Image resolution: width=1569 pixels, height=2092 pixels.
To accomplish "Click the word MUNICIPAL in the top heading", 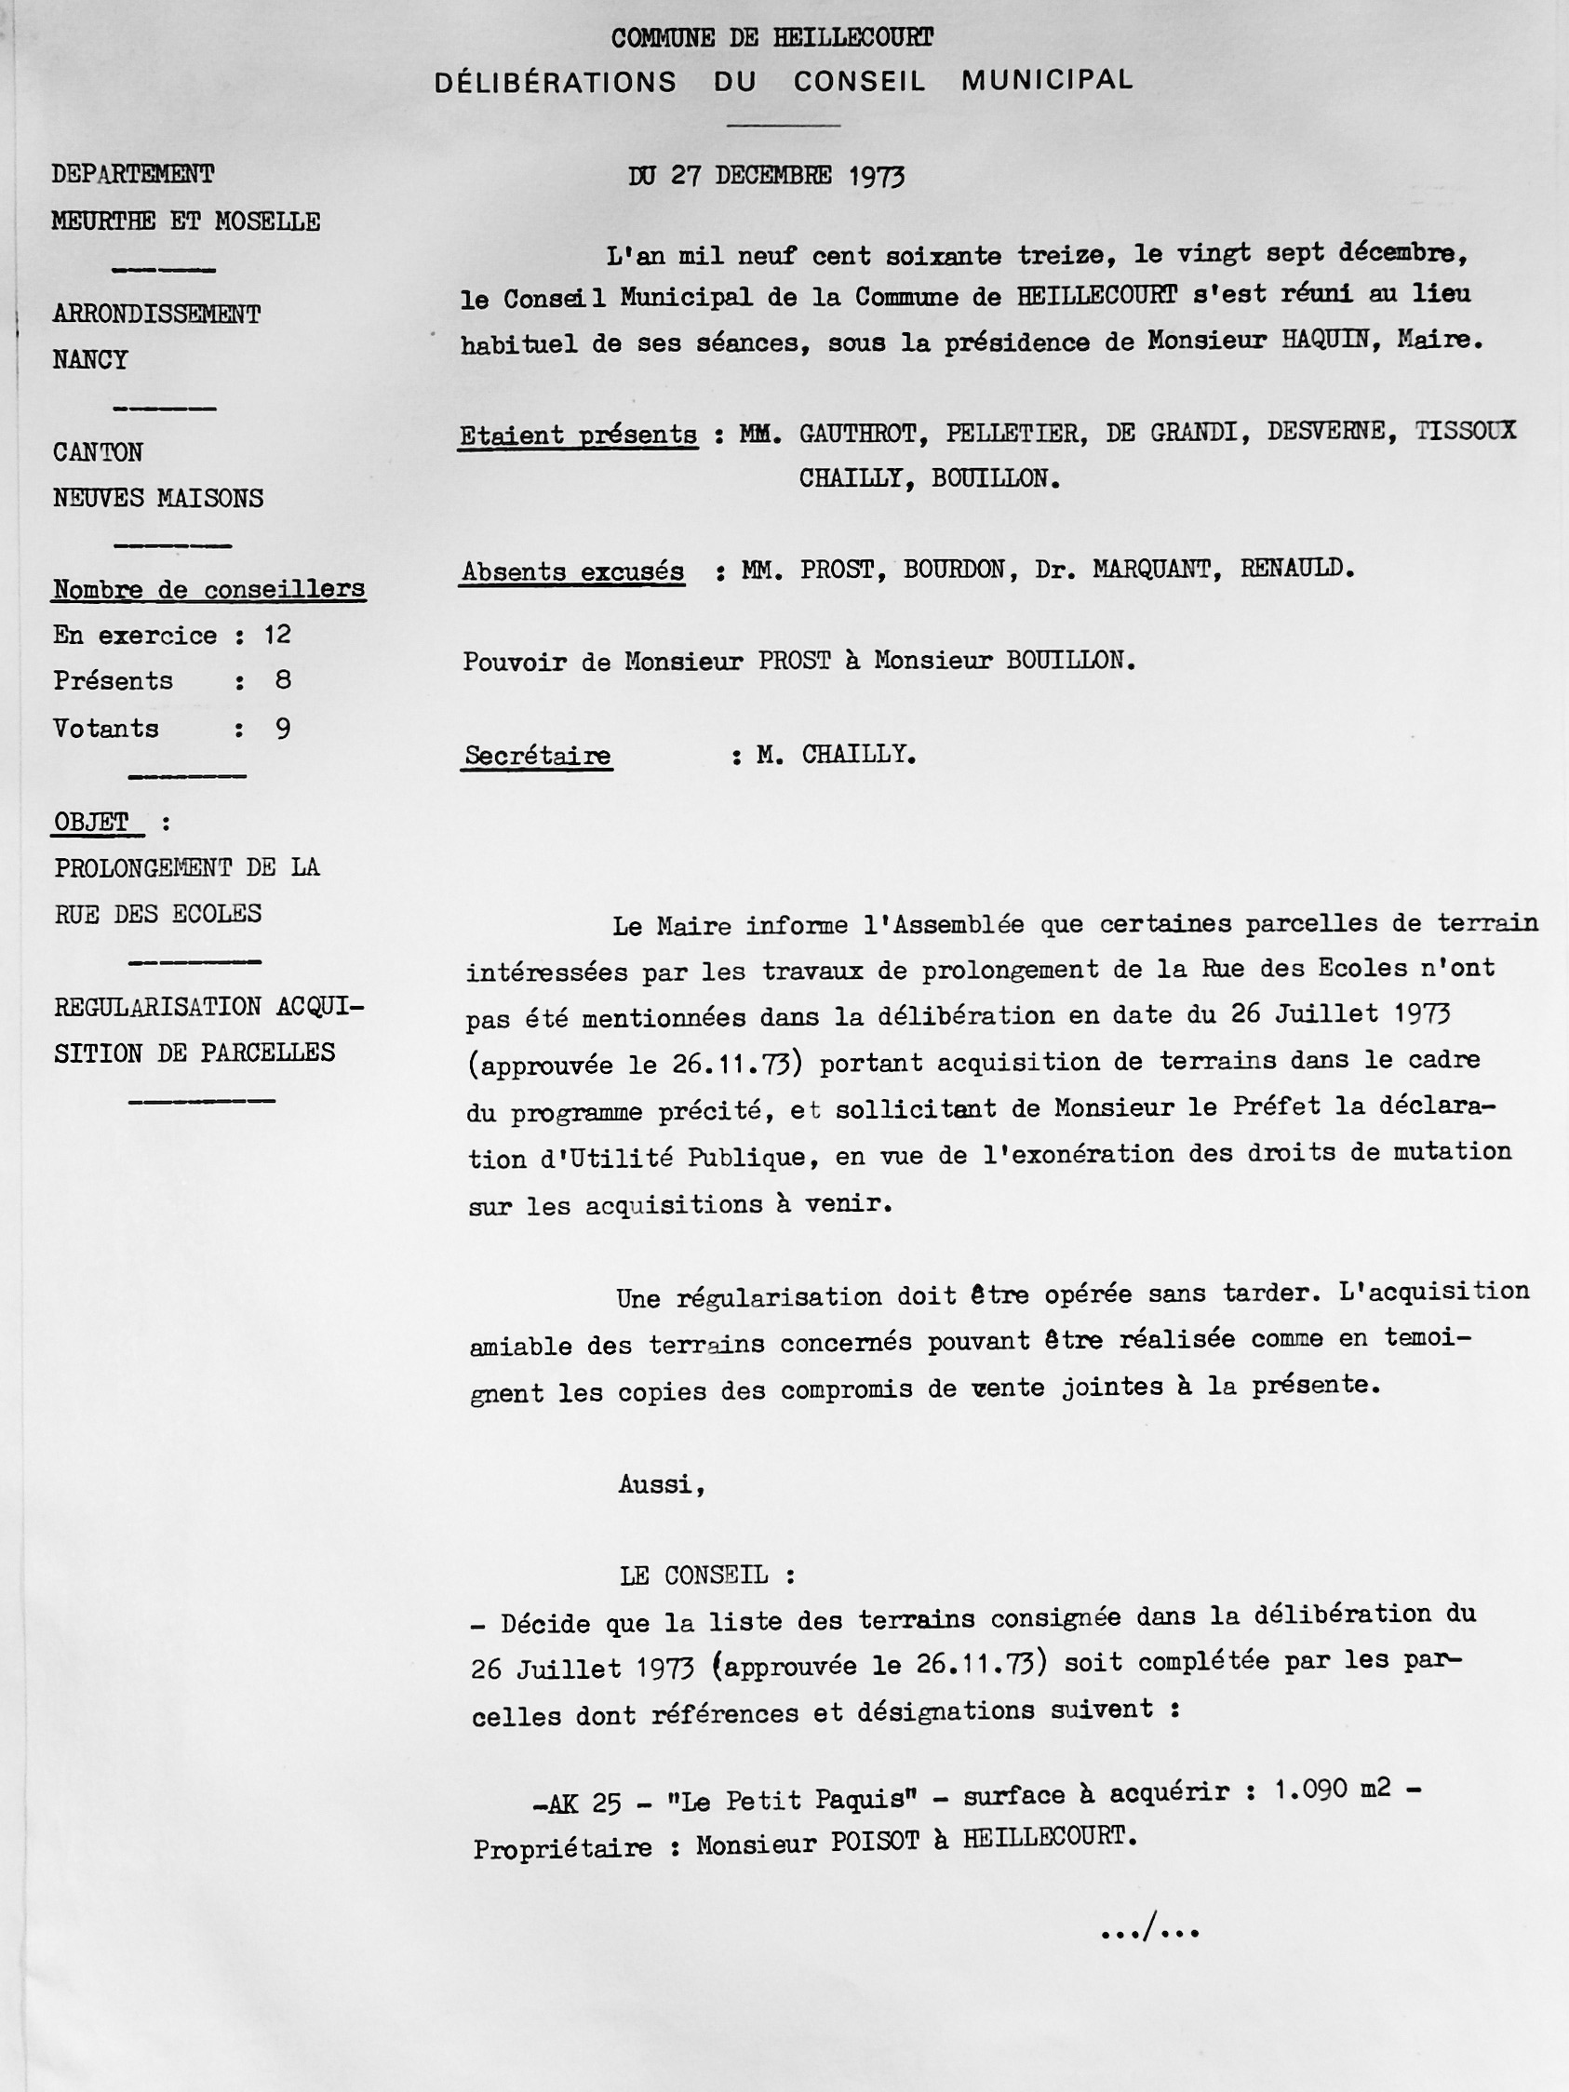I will [x=1047, y=81].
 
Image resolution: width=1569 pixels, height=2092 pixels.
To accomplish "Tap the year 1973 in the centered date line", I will [x=876, y=177].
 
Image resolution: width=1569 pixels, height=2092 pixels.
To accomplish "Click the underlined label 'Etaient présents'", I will [x=578, y=436].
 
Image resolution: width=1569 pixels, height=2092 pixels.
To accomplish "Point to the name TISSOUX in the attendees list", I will [x=1465, y=431].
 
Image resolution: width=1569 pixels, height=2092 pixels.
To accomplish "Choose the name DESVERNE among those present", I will [x=1327, y=432].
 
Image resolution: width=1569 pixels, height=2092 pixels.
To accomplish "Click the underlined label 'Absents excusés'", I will [x=572, y=572].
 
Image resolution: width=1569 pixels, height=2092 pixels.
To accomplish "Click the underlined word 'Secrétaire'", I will [x=537, y=757].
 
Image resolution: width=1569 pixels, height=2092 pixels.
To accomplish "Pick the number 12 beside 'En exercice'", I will [x=277, y=635].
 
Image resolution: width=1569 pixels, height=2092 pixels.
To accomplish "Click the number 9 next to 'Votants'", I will [x=283, y=729].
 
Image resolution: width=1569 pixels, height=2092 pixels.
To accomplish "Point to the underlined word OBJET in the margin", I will [x=92, y=822].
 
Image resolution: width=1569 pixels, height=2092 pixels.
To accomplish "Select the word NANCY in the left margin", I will [x=90, y=360].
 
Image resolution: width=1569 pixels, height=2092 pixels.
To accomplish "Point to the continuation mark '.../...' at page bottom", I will [x=1150, y=1929].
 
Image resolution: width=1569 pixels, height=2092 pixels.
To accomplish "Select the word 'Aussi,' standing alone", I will [x=662, y=1484].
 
